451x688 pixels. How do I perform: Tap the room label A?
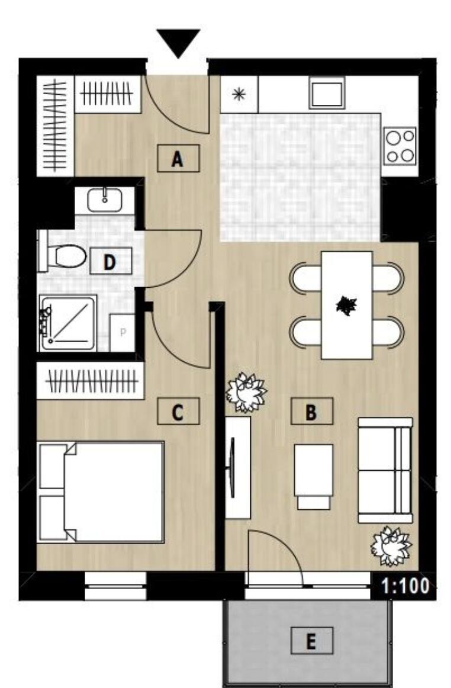pyautogui.click(x=178, y=159)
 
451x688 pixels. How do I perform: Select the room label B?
pyautogui.click(x=311, y=411)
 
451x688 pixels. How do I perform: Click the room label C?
pyautogui.click(x=178, y=411)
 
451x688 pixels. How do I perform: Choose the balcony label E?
pyautogui.click(x=311, y=641)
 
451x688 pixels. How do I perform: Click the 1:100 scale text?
pyautogui.click(x=405, y=586)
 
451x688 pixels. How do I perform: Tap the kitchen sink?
pyautogui.click(x=327, y=93)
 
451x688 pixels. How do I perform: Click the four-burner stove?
pyautogui.click(x=401, y=146)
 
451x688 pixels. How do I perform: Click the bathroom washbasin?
pyautogui.click(x=104, y=201)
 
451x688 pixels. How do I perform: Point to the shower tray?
pyautogui.click(x=68, y=323)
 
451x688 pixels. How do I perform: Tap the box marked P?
pyautogui.click(x=123, y=333)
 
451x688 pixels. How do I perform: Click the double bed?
pyautogui.click(x=101, y=492)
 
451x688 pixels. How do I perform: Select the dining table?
pyautogui.click(x=347, y=305)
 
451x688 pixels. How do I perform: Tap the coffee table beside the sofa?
pyautogui.click(x=313, y=477)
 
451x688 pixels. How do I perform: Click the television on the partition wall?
pyautogui.click(x=232, y=468)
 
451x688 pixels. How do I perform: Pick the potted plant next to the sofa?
pyautogui.click(x=391, y=546)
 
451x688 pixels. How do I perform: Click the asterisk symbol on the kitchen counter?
pyautogui.click(x=239, y=94)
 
